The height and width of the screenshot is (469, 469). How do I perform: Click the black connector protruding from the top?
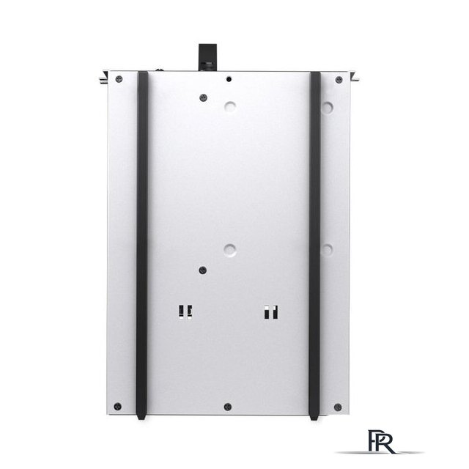click(207, 57)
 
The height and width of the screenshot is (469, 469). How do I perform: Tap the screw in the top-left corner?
click(119, 79)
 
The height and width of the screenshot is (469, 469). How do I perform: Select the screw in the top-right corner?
click(339, 80)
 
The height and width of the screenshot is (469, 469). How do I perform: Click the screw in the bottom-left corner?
click(118, 407)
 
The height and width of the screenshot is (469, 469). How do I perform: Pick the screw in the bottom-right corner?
click(338, 407)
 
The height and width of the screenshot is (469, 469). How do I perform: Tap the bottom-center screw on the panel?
click(228, 407)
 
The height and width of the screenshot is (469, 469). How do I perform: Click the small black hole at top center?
click(229, 79)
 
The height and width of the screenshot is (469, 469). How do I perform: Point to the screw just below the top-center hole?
click(204, 97)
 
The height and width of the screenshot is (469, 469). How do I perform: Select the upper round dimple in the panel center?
click(229, 107)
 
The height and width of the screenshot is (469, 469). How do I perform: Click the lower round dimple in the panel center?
click(229, 250)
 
